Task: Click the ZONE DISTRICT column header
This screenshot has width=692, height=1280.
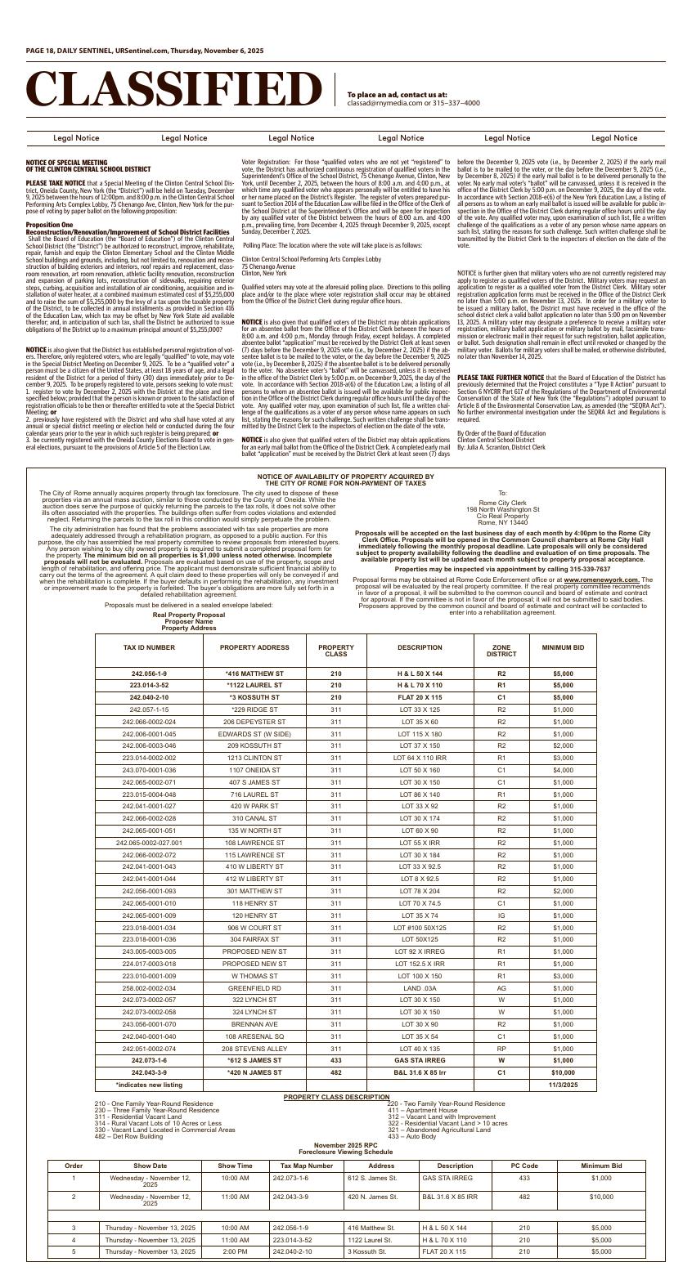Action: pyautogui.click(x=501, y=651)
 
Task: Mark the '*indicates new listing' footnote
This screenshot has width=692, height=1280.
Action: pyautogui.click(x=149, y=1085)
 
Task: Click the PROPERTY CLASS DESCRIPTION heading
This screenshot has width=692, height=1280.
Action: pyautogui.click(x=336, y=1097)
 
